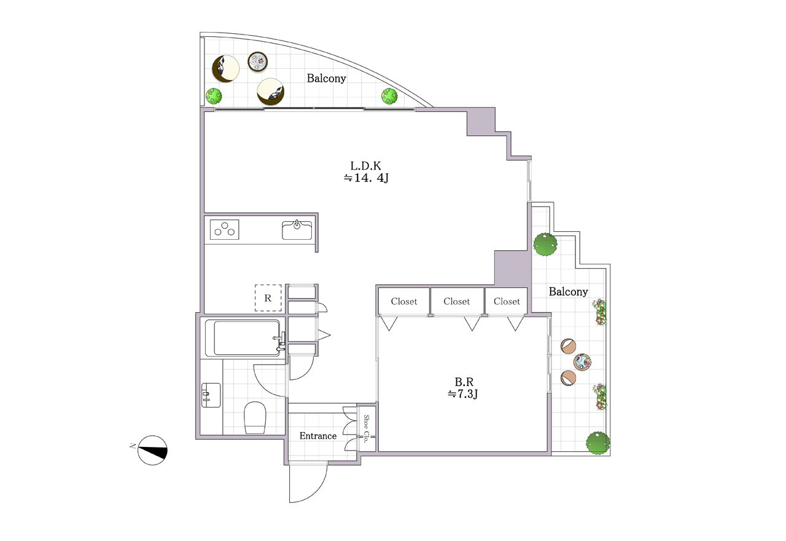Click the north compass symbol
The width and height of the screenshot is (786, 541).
153,451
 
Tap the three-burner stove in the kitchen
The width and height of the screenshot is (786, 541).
225,229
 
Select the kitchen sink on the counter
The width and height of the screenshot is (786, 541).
297,230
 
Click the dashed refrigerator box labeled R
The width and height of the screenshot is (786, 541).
268,298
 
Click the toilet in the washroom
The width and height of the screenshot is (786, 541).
255,417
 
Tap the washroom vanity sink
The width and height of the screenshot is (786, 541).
211,395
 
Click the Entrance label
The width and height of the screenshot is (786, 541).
318,436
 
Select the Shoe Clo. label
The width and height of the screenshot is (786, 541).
366,428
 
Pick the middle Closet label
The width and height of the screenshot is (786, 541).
456,301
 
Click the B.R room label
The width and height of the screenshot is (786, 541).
464,382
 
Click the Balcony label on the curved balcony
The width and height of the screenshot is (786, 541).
326,78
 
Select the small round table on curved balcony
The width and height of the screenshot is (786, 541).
257,62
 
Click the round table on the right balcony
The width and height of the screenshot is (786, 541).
582,362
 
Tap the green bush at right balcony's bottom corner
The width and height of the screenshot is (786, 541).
597,443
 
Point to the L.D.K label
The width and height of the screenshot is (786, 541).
365,165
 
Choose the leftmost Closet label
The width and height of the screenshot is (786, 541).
404,301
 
